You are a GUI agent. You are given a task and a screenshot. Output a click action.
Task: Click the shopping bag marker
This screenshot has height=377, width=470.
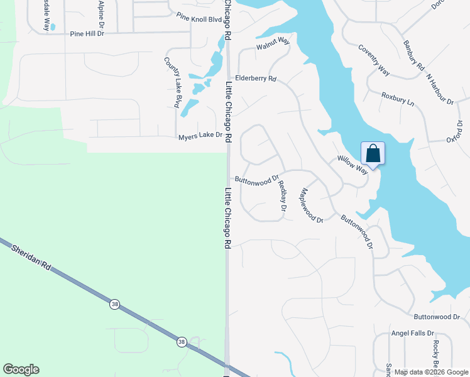373,154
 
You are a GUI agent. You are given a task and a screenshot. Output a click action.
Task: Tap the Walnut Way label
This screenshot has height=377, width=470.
273,44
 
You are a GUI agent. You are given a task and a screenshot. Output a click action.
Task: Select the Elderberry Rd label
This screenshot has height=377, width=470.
256,79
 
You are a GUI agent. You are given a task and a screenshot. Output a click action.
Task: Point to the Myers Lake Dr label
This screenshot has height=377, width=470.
200,135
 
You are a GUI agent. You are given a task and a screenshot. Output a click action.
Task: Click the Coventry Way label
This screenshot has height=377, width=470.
374,60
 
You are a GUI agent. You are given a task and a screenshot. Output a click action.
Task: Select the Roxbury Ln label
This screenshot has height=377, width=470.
398,99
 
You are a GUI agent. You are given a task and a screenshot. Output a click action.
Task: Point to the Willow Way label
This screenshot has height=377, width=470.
352,165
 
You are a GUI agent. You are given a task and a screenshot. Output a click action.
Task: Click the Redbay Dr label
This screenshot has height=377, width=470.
282,195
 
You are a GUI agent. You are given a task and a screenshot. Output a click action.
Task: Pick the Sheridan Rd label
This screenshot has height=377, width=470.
30,258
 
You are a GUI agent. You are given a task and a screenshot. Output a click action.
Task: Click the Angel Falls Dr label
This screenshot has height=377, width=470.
413,333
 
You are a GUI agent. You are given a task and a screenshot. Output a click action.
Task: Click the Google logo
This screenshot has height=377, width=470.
21,369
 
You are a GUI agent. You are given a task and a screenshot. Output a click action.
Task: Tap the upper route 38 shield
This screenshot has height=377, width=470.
114,304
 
